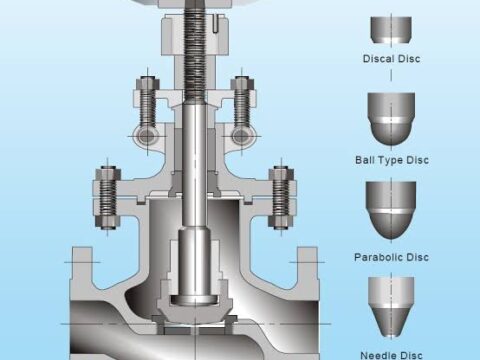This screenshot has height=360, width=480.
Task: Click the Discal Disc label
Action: coord(391,59)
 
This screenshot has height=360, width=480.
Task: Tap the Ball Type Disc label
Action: coord(392,160)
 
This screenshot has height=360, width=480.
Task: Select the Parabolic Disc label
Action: coord(391,257)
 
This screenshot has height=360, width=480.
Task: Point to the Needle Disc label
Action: coord(391,355)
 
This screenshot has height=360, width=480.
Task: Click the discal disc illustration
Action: coord(391,30)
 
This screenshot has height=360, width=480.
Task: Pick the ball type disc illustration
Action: coord(391,119)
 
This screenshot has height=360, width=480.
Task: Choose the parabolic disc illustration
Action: coord(391,210)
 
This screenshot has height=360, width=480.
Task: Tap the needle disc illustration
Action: coord(391,306)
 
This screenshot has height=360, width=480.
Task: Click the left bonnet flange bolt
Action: coord(107,198)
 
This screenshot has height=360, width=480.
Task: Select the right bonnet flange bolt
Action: coord(281,198)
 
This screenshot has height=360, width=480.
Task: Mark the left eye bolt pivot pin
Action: coord(147,136)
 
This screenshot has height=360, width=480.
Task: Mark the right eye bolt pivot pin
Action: coord(242,136)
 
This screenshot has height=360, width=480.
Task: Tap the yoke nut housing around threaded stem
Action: coord(195,37)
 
